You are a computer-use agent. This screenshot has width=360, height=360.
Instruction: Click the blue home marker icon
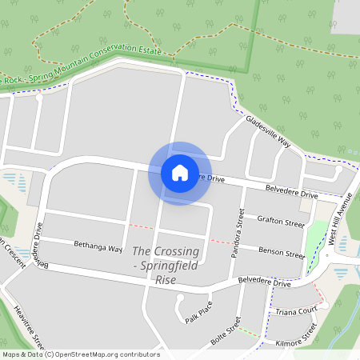coord(180,173)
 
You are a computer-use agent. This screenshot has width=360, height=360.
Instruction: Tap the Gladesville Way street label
coord(269,131)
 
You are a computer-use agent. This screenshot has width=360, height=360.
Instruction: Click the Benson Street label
coord(280,252)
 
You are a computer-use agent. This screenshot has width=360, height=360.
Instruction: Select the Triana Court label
coord(295,310)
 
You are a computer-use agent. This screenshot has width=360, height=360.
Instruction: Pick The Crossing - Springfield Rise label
coord(165,265)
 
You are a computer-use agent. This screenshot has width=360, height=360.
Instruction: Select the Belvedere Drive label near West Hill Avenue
coord(292,193)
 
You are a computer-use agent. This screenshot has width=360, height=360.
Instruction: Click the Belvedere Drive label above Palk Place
coord(265,282)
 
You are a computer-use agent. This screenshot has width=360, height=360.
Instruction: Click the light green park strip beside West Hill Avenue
coord(318,233)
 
